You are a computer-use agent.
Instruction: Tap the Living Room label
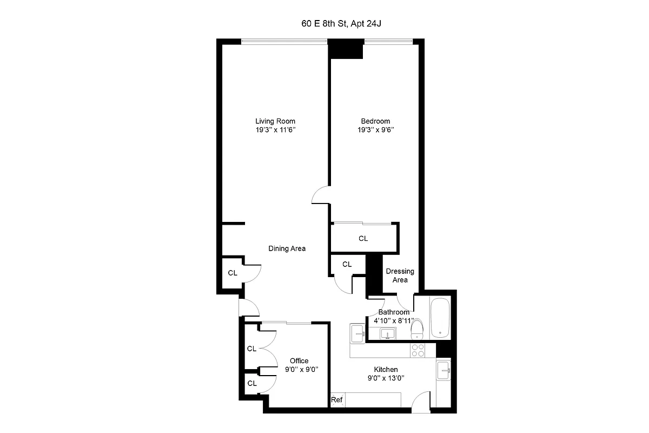(275, 121)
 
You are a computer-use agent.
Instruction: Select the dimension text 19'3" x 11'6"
(275, 130)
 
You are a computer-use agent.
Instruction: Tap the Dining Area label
(287, 248)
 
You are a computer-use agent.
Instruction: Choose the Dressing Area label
(400, 275)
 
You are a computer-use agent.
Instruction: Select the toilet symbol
(417, 329)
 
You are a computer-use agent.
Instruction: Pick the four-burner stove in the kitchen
(418, 350)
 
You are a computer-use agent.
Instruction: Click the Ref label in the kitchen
(336, 401)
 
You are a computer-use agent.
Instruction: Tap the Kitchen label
(386, 370)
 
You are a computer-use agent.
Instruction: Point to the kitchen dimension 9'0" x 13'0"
(386, 379)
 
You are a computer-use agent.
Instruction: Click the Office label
(299, 360)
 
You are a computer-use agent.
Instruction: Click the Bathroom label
(394, 312)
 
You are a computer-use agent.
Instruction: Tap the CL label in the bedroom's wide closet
(363, 238)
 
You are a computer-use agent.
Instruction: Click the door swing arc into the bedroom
(321, 195)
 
